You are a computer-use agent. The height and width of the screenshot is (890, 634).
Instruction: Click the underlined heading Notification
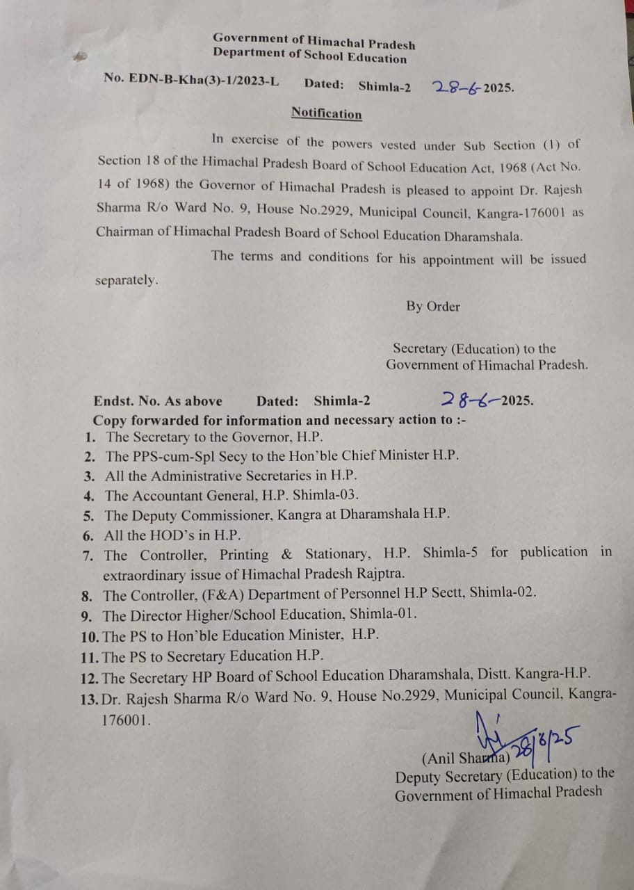tap(326, 113)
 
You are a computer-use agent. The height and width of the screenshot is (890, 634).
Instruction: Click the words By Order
tap(433, 306)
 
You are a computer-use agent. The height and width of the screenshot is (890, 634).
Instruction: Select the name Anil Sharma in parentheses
tap(466, 759)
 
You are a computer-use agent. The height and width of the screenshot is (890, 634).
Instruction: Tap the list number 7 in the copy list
tap(88, 556)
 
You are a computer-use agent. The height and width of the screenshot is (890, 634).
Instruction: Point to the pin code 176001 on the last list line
tap(125, 720)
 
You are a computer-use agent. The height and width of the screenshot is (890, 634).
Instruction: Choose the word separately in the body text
tap(127, 281)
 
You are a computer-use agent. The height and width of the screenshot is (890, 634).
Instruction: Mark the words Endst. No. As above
tap(158, 400)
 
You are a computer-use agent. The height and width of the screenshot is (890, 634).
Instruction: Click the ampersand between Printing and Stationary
tap(286, 554)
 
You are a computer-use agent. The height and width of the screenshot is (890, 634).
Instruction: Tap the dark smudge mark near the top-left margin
tap(81, 56)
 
